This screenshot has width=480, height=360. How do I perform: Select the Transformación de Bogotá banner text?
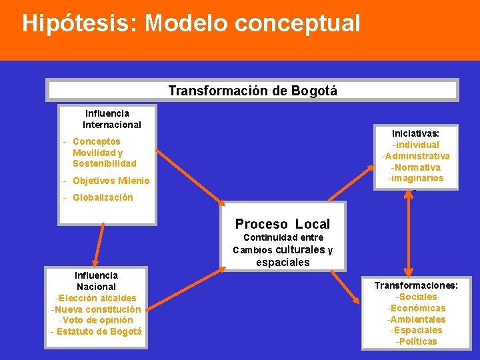(252, 91)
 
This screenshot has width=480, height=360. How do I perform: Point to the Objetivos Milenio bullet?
(111, 181)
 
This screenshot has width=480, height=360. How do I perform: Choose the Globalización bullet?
(102, 197)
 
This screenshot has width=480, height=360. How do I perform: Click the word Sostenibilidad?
(104, 163)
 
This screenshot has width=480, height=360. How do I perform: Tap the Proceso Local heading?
(282, 224)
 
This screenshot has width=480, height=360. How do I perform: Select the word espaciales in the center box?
(283, 262)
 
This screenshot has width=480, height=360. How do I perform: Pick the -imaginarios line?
(415, 178)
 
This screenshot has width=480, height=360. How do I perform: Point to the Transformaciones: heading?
(416, 285)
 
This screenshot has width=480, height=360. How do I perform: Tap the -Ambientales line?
(416, 319)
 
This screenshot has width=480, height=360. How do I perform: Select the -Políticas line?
(416, 341)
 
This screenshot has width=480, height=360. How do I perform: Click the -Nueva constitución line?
(96, 309)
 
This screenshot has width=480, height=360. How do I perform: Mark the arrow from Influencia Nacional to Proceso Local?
(187, 287)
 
